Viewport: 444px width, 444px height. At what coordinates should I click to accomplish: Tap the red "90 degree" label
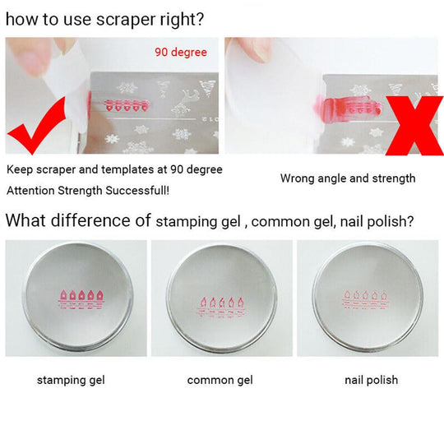point(181,53)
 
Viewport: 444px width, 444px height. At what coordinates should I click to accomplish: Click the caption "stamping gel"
point(71,380)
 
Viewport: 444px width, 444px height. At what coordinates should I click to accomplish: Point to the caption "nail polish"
point(371,380)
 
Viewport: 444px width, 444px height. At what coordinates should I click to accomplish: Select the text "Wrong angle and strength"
point(348,178)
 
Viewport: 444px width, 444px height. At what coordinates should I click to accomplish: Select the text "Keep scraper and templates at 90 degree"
point(114,169)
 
